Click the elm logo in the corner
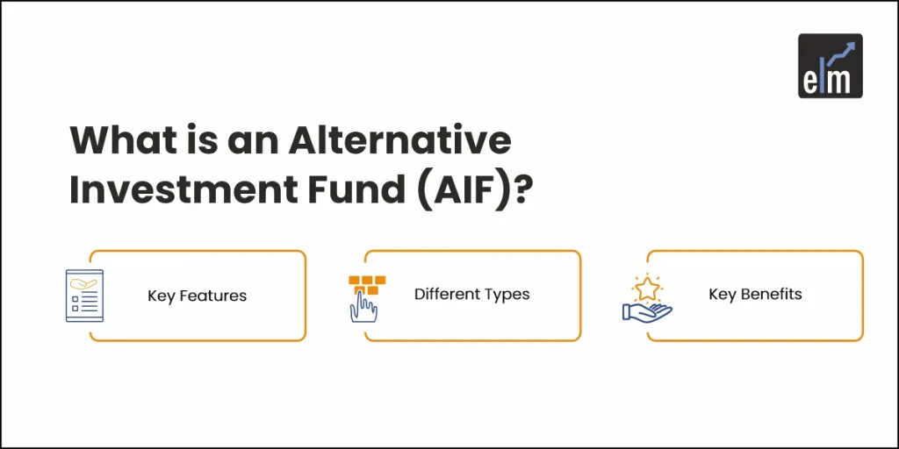click(x=830, y=65)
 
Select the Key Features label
click(x=197, y=296)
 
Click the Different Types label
click(x=471, y=294)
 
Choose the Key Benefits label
click(x=755, y=294)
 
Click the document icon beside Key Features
click(x=84, y=296)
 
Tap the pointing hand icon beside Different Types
click(x=362, y=307)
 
